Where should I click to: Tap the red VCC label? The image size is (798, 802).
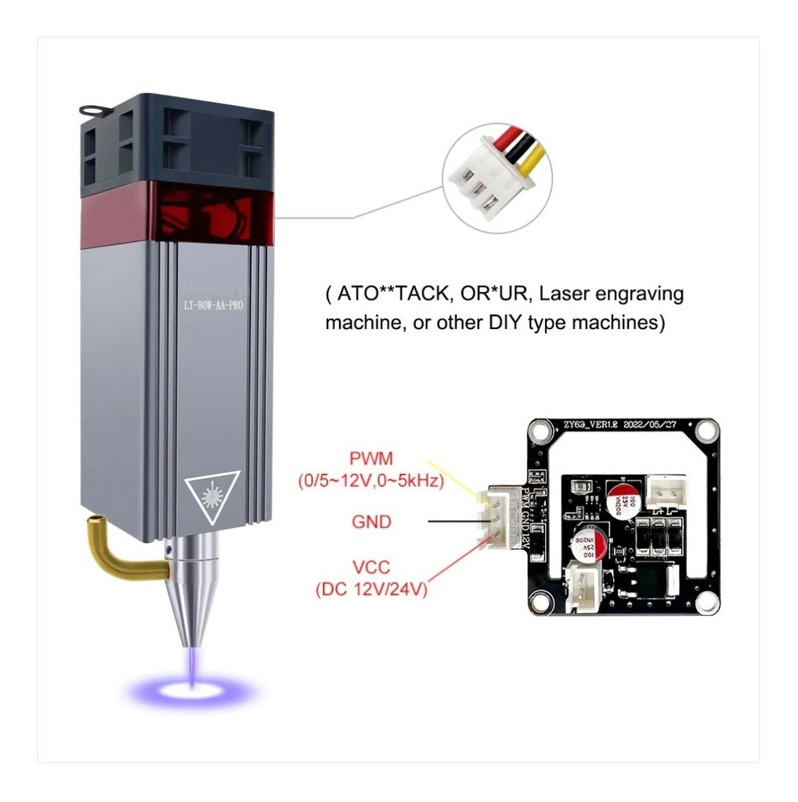[371, 569]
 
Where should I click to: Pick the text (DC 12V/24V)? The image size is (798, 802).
[371, 590]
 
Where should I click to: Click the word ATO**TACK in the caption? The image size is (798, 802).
[387, 294]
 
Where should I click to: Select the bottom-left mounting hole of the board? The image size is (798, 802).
[537, 602]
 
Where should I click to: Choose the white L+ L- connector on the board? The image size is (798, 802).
[668, 490]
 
